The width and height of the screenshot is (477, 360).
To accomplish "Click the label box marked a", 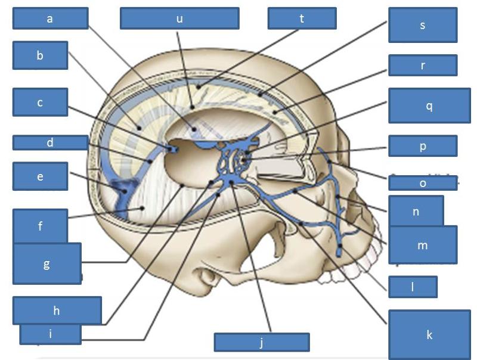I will (x=50, y=18).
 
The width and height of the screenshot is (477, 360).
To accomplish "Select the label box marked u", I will (x=179, y=18).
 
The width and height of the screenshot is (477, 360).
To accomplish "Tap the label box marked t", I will (x=302, y=18).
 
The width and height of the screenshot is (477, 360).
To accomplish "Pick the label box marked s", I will (x=423, y=25).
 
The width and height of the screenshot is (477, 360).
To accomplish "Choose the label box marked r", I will (x=423, y=66).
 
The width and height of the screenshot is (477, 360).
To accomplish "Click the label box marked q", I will (x=429, y=105).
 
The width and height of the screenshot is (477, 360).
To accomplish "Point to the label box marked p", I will (x=423, y=146).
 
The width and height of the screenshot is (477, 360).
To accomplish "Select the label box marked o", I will (x=423, y=183).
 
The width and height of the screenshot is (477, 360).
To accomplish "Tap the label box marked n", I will (x=416, y=211).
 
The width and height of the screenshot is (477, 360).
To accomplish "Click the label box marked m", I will (x=423, y=244).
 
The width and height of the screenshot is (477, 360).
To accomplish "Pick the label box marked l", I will (x=413, y=287).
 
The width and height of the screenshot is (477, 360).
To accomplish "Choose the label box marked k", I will (x=429, y=334).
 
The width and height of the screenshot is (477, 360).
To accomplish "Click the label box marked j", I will (x=261, y=342).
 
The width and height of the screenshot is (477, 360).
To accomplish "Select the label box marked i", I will (x=50, y=334).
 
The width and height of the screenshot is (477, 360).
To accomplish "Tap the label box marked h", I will (x=57, y=310).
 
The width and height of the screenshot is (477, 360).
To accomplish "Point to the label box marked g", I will (x=47, y=263).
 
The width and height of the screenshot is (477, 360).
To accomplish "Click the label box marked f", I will (x=40, y=226).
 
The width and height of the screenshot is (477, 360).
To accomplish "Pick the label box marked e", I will (x=40, y=176).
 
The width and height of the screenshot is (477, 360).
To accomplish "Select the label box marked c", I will (x=40, y=103).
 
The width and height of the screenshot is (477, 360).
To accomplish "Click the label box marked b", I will (x=40, y=56).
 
